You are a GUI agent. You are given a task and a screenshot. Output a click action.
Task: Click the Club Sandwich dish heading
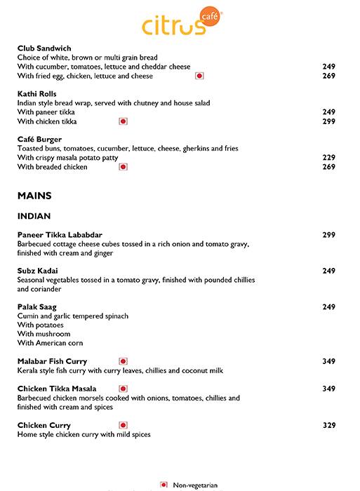[44, 48]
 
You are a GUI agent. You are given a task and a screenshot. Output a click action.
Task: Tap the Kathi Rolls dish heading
[37, 94]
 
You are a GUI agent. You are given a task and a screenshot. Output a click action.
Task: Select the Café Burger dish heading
[39, 140]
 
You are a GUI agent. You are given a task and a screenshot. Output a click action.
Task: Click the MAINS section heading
[34, 196]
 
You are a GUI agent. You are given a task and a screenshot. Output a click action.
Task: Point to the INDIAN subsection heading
[34, 216]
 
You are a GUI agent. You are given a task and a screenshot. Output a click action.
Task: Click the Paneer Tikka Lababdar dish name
[60, 235]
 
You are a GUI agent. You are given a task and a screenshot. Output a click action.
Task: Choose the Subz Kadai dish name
[38, 271]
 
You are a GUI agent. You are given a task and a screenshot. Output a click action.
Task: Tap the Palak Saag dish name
[37, 307]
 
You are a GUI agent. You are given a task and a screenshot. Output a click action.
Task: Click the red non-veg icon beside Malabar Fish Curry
[124, 361]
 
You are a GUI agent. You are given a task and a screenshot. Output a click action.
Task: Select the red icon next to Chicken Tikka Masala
[124, 389]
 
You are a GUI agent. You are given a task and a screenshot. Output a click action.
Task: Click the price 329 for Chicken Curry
[328, 425]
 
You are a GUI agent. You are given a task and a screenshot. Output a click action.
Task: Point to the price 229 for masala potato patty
[328, 158]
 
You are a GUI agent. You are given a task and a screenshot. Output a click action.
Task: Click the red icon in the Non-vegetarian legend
[164, 485]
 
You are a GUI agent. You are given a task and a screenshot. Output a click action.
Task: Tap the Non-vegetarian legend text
[196, 485]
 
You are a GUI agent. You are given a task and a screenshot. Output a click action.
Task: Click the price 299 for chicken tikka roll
[328, 121]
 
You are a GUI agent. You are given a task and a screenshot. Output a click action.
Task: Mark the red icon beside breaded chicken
[124, 167]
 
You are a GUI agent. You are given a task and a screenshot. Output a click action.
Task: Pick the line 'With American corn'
[51, 343]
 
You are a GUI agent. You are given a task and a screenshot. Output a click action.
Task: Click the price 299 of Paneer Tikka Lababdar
[328, 235]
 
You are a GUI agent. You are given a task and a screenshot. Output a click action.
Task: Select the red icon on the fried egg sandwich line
[199, 76]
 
